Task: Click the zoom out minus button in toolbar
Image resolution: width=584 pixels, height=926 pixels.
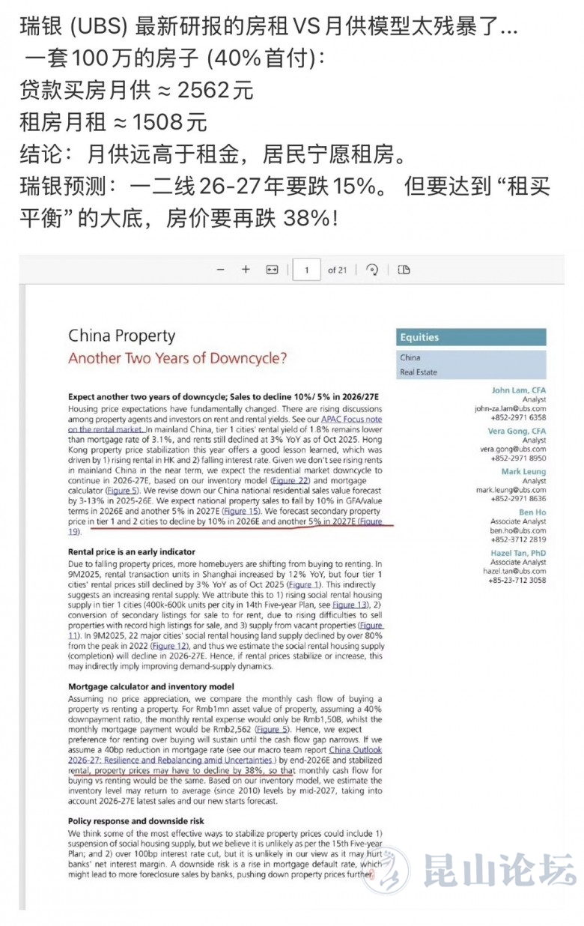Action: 220,270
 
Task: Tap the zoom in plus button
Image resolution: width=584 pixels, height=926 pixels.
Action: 246,270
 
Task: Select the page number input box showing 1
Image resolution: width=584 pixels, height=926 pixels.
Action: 306,270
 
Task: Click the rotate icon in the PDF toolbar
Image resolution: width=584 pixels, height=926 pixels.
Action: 372,270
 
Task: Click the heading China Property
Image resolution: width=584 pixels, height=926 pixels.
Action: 121,336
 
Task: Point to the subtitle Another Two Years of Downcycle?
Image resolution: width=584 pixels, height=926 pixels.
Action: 177,358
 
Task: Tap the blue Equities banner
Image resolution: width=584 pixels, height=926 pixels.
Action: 471,337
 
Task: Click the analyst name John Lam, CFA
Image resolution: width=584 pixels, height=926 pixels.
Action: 518,390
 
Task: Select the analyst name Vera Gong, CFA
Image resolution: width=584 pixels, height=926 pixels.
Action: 517,432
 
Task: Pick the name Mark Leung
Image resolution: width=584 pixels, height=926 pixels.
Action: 523,471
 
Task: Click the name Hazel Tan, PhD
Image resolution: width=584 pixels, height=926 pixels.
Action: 518,553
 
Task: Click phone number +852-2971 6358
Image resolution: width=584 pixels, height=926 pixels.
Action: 518,417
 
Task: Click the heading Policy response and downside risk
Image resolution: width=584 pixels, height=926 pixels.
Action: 136,821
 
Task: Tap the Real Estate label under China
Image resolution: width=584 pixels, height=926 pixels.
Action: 418,372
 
